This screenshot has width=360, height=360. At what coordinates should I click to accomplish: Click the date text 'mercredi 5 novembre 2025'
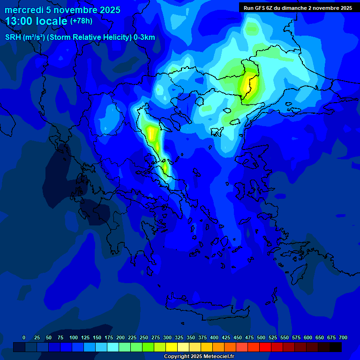(62, 10)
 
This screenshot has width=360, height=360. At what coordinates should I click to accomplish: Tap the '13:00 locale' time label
(37, 21)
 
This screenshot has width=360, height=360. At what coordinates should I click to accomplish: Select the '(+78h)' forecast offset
(81, 21)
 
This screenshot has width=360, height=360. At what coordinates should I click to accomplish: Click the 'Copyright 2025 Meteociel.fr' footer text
(198, 357)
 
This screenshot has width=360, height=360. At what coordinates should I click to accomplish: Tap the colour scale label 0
(24, 337)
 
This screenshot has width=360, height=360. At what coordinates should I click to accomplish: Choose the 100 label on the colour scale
(74, 337)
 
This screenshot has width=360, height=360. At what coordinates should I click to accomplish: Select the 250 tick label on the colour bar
(144, 337)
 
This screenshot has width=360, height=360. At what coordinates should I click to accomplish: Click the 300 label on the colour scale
(167, 337)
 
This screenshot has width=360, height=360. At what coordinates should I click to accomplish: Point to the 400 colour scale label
(214, 337)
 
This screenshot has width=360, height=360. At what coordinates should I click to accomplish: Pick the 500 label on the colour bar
(261, 337)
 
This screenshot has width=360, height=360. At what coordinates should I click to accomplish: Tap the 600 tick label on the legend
(308, 337)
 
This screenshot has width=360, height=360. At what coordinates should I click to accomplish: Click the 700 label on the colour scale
(343, 337)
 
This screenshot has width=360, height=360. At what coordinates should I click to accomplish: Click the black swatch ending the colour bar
(336, 347)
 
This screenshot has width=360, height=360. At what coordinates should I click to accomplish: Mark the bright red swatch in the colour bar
(265, 347)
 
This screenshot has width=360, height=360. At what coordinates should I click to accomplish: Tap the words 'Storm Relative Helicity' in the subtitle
(90, 37)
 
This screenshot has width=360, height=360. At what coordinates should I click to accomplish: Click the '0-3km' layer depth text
(144, 37)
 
